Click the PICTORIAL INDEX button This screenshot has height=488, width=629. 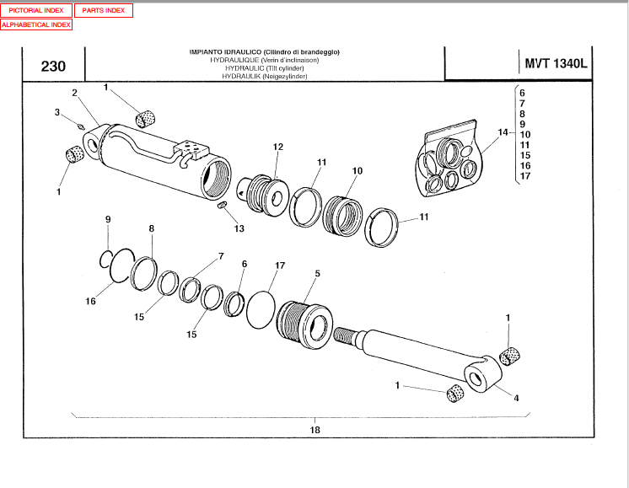point(36,11)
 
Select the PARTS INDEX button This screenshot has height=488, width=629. point(103,11)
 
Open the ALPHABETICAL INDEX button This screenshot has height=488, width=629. point(36,24)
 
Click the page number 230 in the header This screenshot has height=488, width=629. point(53,67)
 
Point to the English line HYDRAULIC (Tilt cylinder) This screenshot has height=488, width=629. point(265,68)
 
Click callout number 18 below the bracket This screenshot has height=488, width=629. point(315,429)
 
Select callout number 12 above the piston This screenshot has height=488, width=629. point(277,147)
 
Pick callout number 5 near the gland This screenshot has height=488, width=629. point(317,274)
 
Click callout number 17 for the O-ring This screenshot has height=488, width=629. point(280,266)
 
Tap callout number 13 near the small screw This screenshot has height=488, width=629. point(239,228)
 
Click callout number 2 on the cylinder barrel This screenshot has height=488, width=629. point(74,93)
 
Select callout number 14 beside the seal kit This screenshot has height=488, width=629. point(503,133)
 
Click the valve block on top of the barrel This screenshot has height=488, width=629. point(191,150)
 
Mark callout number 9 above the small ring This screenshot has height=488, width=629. point(108,220)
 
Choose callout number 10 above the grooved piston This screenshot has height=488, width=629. point(357,171)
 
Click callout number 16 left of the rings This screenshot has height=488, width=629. point(90,301)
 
